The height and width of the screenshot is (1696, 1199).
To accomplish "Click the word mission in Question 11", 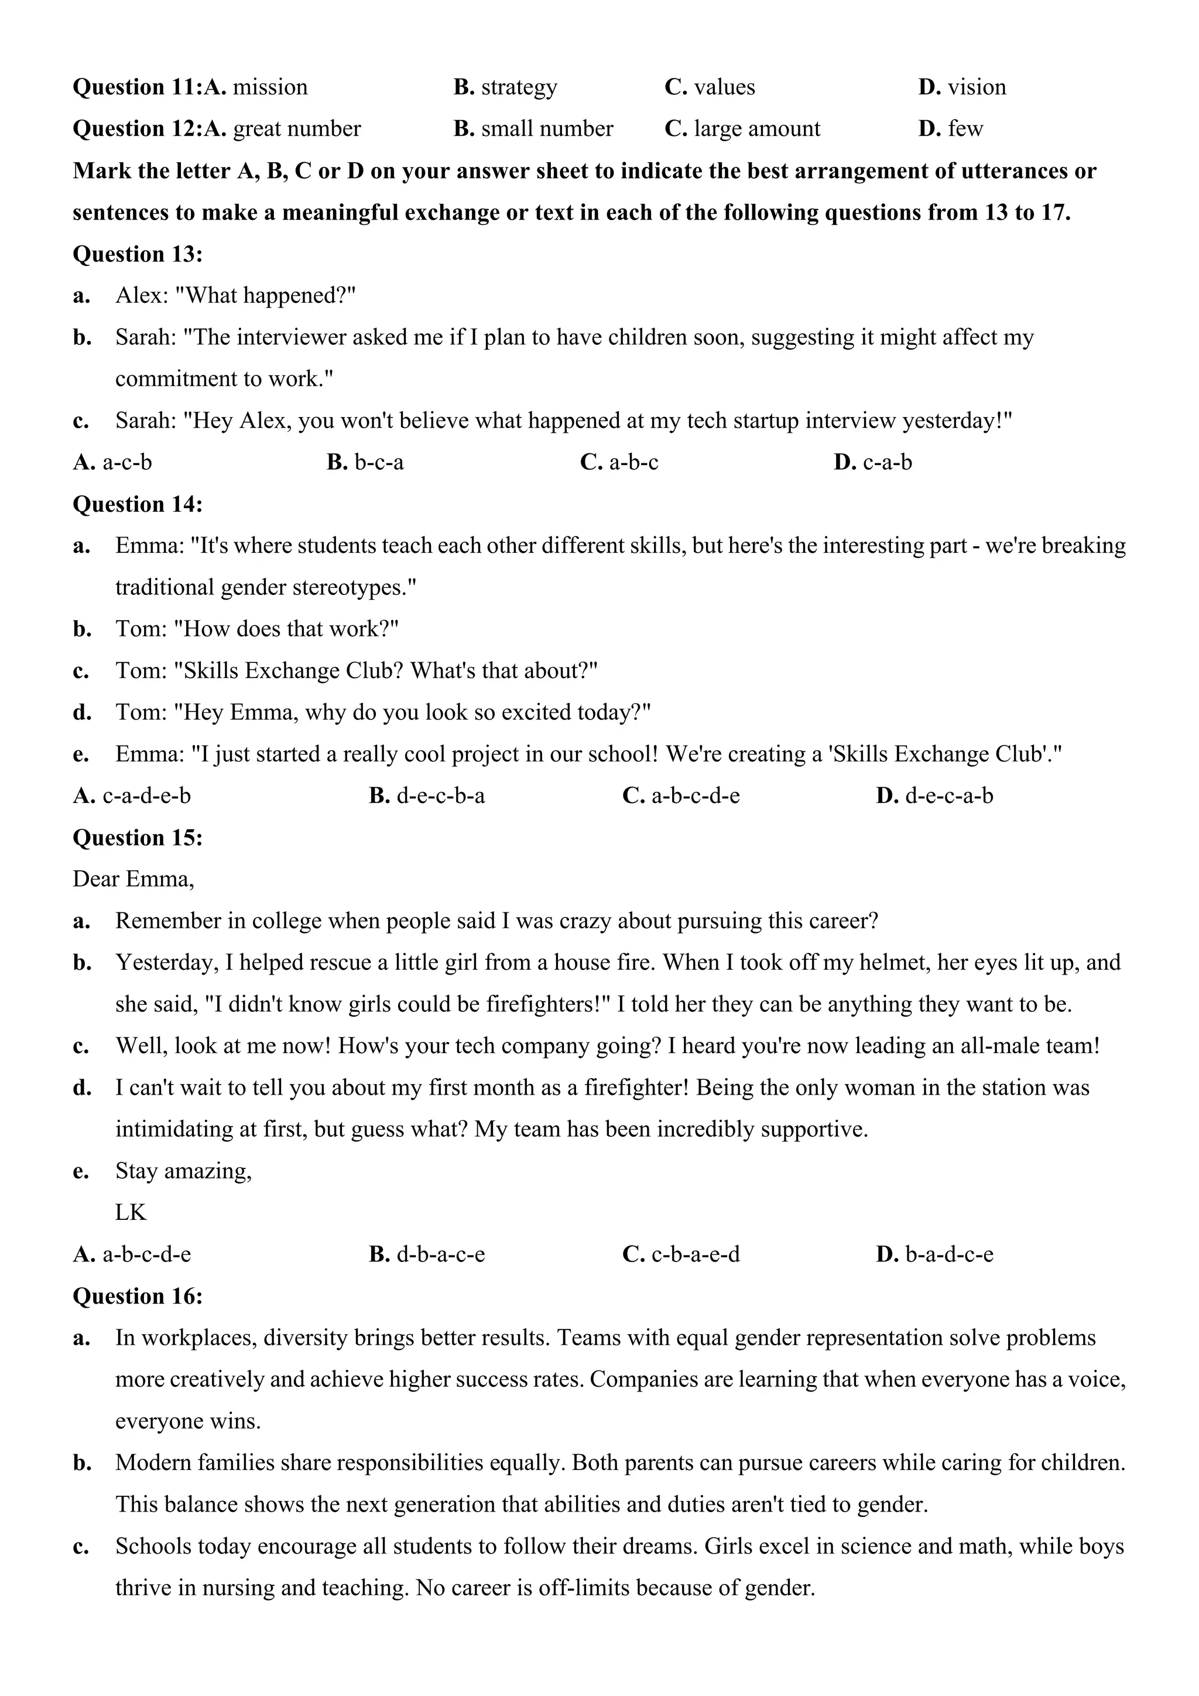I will (270, 88).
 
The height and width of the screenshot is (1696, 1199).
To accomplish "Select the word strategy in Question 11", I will (519, 88).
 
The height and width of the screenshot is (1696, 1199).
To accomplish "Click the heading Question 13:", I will (138, 254).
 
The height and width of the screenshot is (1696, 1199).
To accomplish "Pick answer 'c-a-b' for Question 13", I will (888, 463).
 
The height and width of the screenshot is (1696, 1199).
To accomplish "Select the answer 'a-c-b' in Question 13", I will (127, 463).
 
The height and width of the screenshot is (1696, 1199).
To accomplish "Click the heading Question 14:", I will (138, 504).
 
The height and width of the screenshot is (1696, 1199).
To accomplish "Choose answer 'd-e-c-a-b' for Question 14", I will (948, 796).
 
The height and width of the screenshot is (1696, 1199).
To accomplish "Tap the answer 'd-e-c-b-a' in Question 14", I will (441, 796).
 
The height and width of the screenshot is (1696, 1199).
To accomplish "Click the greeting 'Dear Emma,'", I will (133, 880).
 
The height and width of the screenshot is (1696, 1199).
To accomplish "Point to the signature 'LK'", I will (131, 1213).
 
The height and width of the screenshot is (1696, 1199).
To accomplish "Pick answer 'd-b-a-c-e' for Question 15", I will (441, 1255).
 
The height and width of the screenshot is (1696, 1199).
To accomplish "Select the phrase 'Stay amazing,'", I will (183, 1171).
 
